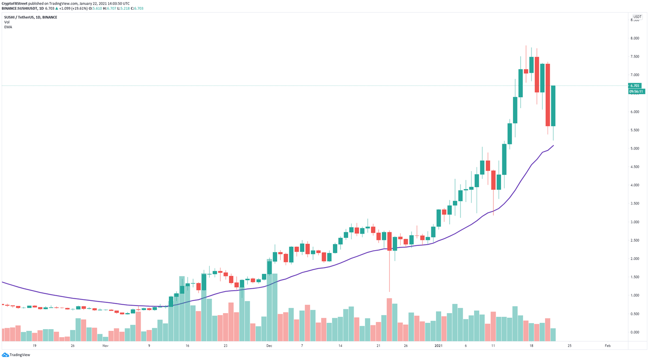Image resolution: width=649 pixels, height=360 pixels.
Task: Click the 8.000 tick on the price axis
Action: point(635,38)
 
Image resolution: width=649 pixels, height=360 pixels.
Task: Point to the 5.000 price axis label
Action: point(635,149)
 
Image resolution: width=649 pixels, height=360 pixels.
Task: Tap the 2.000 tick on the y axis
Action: point(635,259)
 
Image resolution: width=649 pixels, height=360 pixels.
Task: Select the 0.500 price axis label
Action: point(635,314)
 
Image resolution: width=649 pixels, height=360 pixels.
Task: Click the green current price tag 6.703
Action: point(635,86)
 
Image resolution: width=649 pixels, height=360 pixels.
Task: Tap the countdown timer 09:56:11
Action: point(636,91)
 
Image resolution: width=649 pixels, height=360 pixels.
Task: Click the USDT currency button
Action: point(637,17)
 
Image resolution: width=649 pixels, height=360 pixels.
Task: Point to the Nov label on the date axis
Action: point(105,346)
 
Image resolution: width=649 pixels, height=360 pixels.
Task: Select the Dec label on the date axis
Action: point(269,346)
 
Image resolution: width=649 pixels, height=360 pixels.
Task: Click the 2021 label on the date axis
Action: point(439,346)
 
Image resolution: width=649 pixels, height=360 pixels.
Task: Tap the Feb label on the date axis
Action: point(608,346)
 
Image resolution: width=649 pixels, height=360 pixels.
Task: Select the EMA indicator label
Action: point(8,27)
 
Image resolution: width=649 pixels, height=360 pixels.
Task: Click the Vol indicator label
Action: point(7,22)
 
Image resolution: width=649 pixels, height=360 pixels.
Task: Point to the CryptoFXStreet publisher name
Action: point(14,3)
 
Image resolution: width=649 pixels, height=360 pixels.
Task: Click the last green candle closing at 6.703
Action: point(553,106)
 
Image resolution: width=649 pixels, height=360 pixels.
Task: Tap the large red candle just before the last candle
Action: point(548,95)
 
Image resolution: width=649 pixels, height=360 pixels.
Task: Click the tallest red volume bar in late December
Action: point(389,320)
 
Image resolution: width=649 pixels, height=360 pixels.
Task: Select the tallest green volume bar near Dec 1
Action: point(275,308)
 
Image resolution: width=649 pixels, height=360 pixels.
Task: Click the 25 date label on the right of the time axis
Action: point(570,346)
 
